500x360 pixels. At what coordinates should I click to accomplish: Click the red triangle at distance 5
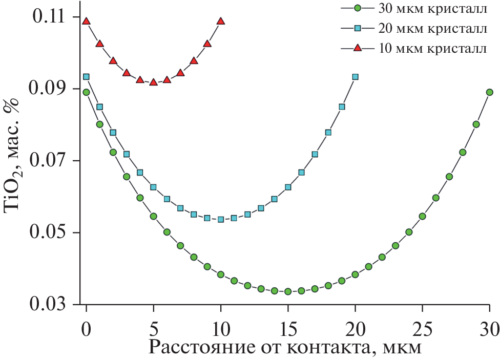[153, 82]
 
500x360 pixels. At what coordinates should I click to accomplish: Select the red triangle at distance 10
[221, 21]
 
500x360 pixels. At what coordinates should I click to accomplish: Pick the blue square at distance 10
[221, 219]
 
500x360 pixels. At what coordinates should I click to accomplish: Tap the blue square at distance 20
[355, 77]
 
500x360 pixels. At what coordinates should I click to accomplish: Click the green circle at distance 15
[288, 291]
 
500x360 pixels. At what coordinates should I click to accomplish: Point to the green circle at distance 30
[489, 92]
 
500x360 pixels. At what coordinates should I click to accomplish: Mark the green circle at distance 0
[86, 92]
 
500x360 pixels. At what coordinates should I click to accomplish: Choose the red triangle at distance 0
[86, 21]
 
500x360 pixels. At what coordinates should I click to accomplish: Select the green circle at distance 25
[422, 216]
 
